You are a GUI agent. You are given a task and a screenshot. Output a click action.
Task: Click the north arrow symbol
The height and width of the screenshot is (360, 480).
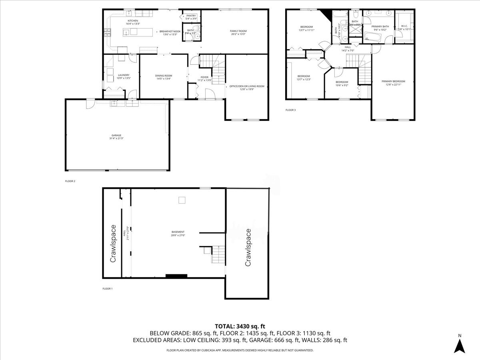460,344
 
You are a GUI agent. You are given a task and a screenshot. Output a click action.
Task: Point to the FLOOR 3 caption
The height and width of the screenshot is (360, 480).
290,110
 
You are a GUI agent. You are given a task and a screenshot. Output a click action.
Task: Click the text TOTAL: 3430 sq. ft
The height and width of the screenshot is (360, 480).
240,326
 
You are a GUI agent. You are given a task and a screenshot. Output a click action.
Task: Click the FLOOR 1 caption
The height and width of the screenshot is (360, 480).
108,288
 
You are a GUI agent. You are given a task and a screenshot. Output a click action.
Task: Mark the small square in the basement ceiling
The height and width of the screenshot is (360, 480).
182,200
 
